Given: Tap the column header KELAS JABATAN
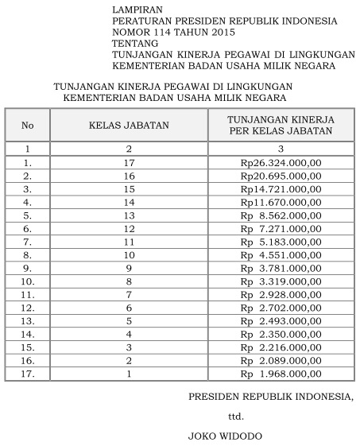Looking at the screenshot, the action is [x=129, y=126].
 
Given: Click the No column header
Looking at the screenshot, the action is [x=28, y=126].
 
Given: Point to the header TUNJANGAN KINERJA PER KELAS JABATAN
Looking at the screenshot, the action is [x=281, y=126].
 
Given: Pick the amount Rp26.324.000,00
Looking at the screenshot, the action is [x=281, y=162].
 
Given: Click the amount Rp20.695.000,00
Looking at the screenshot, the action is [x=281, y=175].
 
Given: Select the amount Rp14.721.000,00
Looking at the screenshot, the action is [x=281, y=188].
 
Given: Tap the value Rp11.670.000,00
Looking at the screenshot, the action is [x=281, y=201].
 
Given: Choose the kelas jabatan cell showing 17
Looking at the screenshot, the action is [x=129, y=162].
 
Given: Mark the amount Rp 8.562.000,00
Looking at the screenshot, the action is [x=281, y=215].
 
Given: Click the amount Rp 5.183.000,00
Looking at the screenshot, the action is [x=281, y=241].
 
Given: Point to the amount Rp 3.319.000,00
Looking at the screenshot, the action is [x=281, y=281].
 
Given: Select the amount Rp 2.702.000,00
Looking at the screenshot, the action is [x=281, y=307].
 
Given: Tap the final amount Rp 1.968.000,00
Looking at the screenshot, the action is [x=281, y=373].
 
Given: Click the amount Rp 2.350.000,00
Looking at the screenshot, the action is [x=281, y=333].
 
